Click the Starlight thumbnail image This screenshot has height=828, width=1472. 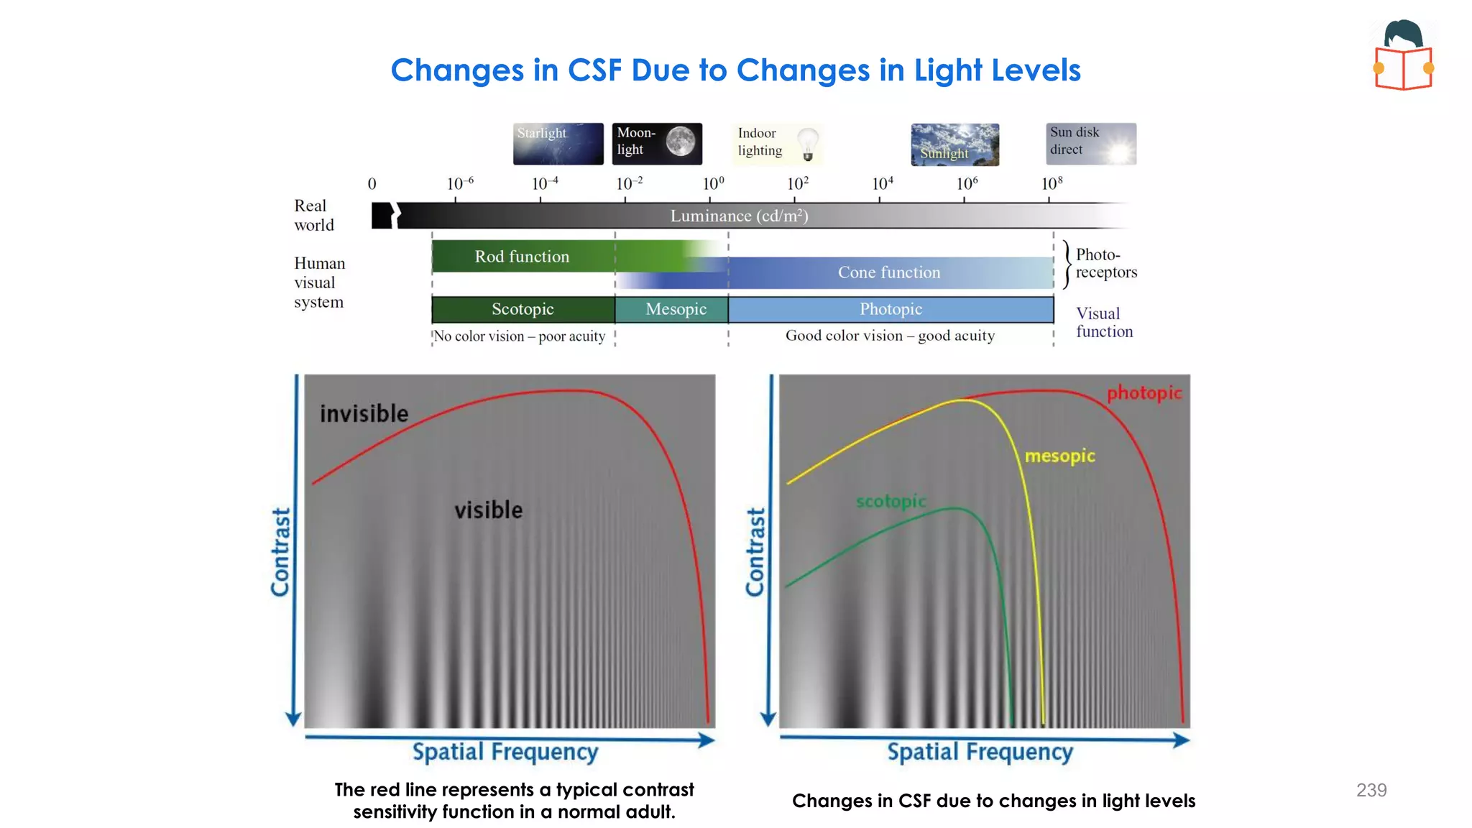click(558, 144)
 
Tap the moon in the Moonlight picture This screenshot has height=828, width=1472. click(680, 141)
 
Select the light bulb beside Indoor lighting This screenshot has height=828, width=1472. click(808, 143)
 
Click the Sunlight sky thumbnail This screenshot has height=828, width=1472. click(954, 144)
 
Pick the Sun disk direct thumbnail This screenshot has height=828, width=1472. click(1090, 144)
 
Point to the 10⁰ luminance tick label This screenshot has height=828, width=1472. click(713, 184)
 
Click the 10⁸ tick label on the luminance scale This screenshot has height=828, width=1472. click(1052, 184)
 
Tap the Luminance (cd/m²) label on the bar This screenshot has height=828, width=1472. click(739, 216)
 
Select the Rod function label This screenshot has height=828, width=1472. click(522, 257)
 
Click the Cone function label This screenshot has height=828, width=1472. click(888, 272)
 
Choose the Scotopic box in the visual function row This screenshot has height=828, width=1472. click(523, 309)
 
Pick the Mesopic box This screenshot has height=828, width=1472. click(676, 309)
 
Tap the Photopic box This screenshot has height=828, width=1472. click(891, 309)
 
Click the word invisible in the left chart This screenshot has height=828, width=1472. click(364, 414)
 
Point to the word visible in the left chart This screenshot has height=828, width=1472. click(488, 510)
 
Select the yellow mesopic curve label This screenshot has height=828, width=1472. click(1059, 456)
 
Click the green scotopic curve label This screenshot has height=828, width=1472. click(891, 501)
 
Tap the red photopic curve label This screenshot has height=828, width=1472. click(1144, 393)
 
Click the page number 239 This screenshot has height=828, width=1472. click(1371, 790)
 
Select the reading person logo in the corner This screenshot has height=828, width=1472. click(1403, 55)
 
